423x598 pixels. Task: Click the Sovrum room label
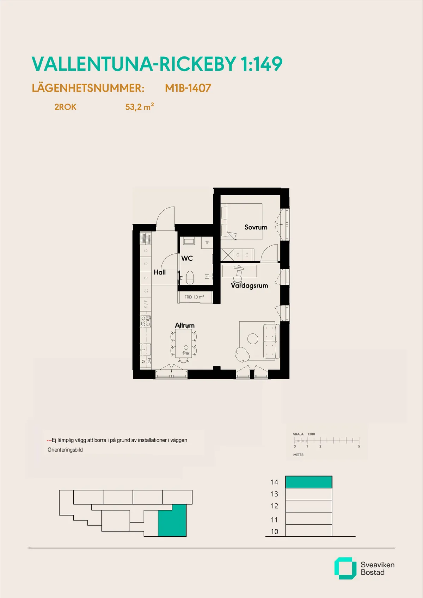pyautogui.click(x=256, y=227)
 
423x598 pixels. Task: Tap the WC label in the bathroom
pyautogui.click(x=187, y=258)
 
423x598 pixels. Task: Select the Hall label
pyautogui.click(x=160, y=272)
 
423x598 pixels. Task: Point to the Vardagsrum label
pyautogui.click(x=250, y=285)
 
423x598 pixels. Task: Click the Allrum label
pyautogui.click(x=185, y=325)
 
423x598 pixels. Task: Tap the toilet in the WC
pyautogui.click(x=190, y=277)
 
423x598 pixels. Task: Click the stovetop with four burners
pyautogui.click(x=146, y=321)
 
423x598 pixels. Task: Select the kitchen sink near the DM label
pyautogui.click(x=146, y=350)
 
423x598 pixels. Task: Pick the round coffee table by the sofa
pyautogui.click(x=253, y=339)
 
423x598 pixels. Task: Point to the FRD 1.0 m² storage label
pyautogui.click(x=194, y=297)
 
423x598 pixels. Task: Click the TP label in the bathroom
pyautogui.click(x=207, y=242)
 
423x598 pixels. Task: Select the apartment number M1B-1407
pyautogui.click(x=188, y=88)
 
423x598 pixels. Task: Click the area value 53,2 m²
pyautogui.click(x=139, y=107)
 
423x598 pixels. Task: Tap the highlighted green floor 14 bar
pyautogui.click(x=308, y=482)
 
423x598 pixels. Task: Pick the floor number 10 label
pyautogui.click(x=275, y=531)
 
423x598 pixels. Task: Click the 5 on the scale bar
pyautogui.click(x=359, y=446)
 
